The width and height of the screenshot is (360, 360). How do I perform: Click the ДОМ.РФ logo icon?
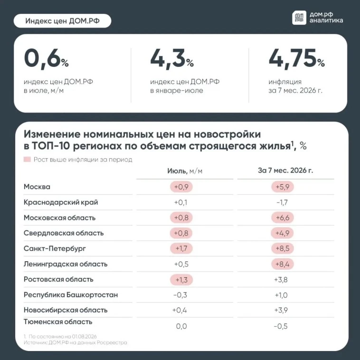(299, 18)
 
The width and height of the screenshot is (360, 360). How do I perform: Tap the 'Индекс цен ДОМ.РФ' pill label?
(62, 21)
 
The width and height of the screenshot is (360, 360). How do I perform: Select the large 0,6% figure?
(46, 59)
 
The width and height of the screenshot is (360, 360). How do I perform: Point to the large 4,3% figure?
(172, 59)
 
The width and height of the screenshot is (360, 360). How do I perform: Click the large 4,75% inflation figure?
(297, 59)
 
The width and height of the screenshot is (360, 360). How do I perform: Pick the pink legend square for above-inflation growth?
(27, 159)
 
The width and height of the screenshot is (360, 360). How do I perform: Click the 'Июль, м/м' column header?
(185, 171)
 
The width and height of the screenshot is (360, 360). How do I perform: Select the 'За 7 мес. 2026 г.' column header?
(285, 171)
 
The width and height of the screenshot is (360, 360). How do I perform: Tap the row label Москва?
(37, 187)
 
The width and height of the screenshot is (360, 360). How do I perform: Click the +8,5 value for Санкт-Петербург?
(283, 248)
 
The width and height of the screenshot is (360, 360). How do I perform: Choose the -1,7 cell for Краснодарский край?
(282, 202)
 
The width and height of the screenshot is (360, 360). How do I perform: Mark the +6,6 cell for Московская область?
(283, 218)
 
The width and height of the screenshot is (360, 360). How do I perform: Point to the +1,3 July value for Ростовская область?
(181, 280)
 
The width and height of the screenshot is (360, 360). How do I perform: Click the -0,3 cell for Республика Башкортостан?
(180, 295)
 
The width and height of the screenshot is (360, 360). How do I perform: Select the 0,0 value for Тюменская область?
(181, 326)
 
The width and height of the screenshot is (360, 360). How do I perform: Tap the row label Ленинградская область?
(66, 264)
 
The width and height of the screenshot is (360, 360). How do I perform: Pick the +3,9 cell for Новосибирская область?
(281, 311)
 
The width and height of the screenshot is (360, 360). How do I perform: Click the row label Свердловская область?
(64, 233)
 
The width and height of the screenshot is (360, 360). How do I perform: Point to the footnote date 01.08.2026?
(84, 337)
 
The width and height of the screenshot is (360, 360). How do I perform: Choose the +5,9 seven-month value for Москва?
(283, 187)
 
